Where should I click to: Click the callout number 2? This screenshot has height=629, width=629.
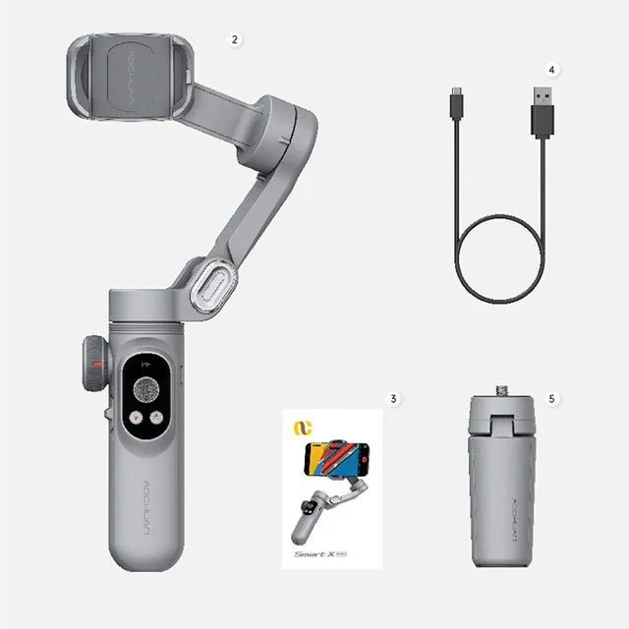point(234,40)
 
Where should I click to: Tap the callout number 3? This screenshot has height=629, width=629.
point(393,399)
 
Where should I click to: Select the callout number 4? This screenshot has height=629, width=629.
point(552,71)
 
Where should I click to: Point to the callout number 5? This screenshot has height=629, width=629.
point(552,399)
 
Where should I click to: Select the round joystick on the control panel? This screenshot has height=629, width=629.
point(148,385)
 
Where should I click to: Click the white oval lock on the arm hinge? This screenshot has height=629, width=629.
point(213,285)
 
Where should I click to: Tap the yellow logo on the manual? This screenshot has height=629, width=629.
point(299,429)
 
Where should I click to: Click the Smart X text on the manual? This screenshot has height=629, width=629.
point(317,554)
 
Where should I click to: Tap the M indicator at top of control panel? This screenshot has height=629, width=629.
point(146,364)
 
